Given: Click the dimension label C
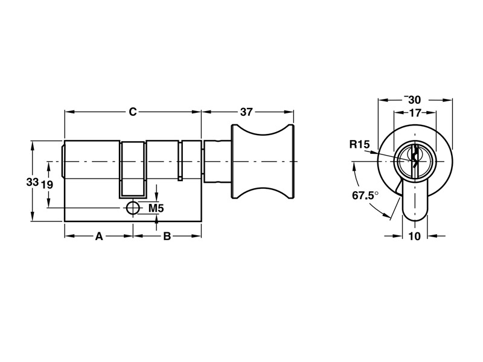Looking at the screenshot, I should (133, 112).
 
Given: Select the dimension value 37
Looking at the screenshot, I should (246, 112).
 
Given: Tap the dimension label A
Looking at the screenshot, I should (99, 236).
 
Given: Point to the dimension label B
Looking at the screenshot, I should (167, 236).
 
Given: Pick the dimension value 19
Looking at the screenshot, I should (46, 185).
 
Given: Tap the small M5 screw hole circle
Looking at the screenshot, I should (132, 208).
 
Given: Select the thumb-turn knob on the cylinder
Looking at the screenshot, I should (263, 162).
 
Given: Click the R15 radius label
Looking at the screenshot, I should (359, 144).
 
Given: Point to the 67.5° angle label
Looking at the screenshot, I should (365, 195).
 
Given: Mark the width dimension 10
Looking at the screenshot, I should (414, 236).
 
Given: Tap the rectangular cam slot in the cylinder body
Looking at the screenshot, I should (133, 169).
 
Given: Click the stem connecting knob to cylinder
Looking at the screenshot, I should (218, 162).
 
